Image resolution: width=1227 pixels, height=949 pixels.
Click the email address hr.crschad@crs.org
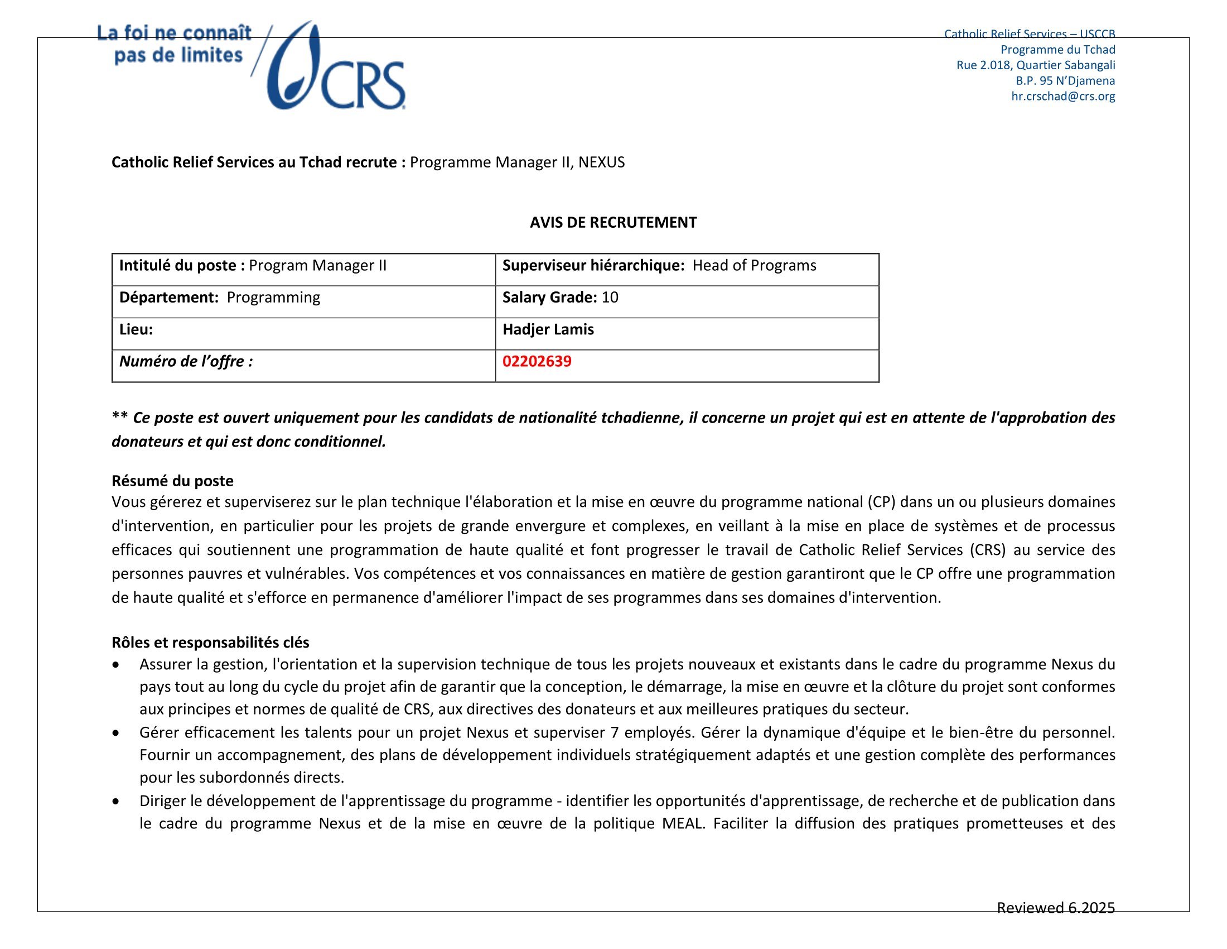1063,96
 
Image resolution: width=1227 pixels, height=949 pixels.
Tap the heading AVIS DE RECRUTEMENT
613,223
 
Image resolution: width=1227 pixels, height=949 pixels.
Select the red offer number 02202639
537,361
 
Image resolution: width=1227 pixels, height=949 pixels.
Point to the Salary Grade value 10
610,298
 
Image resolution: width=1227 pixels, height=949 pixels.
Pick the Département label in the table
168,298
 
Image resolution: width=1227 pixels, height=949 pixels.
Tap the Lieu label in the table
136,329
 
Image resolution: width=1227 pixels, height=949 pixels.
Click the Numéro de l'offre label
186,362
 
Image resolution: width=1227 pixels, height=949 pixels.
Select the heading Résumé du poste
172,481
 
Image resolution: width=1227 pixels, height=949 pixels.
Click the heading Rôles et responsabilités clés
210,642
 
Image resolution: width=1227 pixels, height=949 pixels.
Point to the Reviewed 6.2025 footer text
1055,907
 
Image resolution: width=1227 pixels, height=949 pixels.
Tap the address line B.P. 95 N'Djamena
1065,80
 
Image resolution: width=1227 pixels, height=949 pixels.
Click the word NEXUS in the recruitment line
601,162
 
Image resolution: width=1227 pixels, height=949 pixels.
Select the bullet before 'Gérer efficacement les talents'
116,733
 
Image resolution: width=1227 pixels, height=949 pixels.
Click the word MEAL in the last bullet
682,823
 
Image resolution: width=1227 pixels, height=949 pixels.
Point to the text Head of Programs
754,265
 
